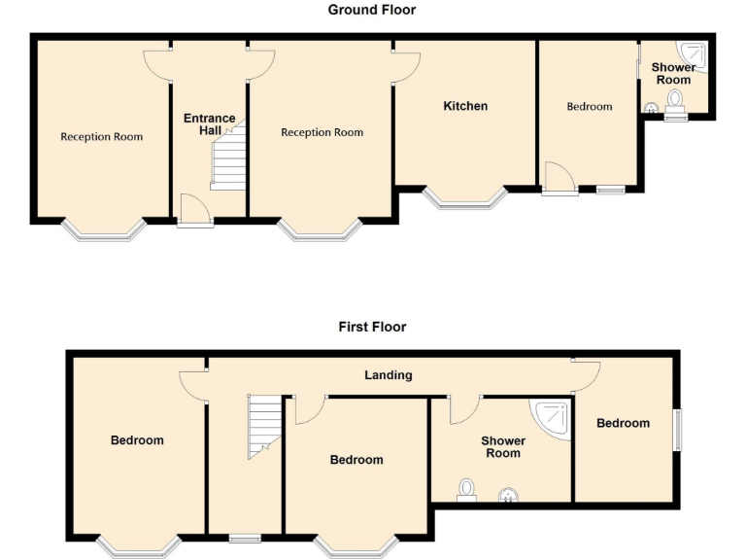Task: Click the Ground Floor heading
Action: tap(372, 10)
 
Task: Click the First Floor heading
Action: tap(372, 327)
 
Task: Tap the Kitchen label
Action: tap(465, 105)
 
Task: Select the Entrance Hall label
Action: tap(210, 124)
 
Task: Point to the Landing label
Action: tap(389, 374)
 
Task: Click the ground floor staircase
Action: tap(227, 160)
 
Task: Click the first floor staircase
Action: tap(263, 424)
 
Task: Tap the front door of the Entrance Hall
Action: tap(195, 211)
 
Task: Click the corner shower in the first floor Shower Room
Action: tap(553, 419)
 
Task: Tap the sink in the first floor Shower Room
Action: tap(508, 497)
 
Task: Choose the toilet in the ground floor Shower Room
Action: tap(674, 102)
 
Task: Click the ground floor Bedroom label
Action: tap(590, 106)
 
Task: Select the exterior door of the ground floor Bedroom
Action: tap(559, 180)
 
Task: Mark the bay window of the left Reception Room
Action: tap(104, 230)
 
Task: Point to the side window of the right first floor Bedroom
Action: tap(678, 429)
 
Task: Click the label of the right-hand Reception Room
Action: tap(322, 132)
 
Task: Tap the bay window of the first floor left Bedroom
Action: tap(138, 545)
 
